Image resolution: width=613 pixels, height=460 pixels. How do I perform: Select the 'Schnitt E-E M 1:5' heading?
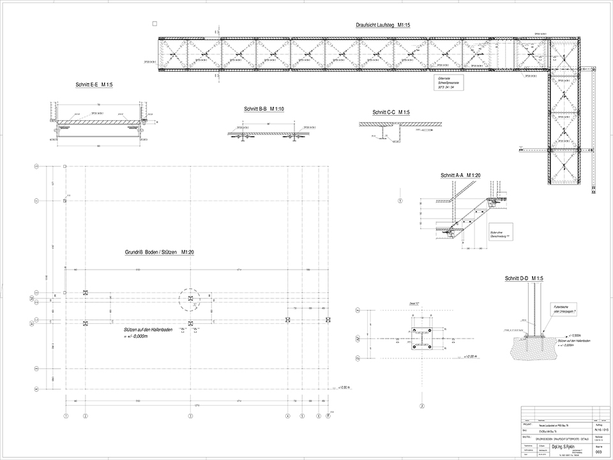click(x=93, y=84)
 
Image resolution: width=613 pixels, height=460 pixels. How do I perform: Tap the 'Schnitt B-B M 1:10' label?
click(x=264, y=109)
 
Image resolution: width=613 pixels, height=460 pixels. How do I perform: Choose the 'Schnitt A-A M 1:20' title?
click(x=460, y=174)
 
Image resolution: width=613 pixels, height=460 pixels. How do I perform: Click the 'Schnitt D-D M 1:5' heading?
click(x=524, y=279)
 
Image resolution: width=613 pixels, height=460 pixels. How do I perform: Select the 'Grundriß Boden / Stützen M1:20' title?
click(x=159, y=252)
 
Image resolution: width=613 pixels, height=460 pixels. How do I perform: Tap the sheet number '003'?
click(x=598, y=452)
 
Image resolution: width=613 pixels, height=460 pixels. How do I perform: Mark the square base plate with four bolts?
click(x=422, y=339)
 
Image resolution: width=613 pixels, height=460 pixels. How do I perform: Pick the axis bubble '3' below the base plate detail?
click(x=422, y=406)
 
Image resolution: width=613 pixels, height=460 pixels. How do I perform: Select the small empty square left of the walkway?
click(x=155, y=24)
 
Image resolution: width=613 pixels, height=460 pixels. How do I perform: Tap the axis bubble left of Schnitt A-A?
click(x=400, y=201)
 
